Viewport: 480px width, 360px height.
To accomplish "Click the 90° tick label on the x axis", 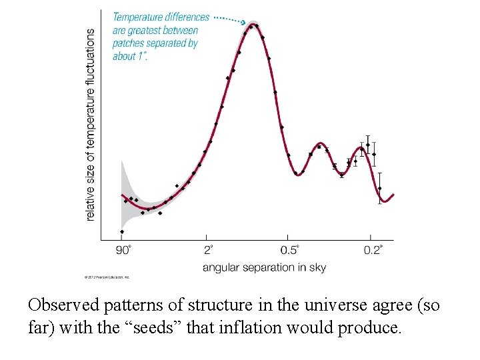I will pyautogui.click(x=124, y=251).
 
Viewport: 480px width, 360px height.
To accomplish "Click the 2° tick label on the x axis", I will pyautogui.click(x=208, y=251).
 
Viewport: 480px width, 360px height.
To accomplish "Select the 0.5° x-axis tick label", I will pyautogui.click(x=289, y=251).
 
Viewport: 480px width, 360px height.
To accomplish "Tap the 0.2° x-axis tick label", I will pyautogui.click(x=373, y=251).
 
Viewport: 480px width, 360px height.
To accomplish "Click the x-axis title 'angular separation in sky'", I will pyautogui.click(x=264, y=267).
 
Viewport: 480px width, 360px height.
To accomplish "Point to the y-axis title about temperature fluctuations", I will pyautogui.click(x=91, y=125).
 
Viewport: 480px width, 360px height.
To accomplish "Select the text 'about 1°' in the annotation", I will pyautogui.click(x=130, y=56).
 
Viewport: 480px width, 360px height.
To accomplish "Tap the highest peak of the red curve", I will pyautogui.click(x=253, y=26).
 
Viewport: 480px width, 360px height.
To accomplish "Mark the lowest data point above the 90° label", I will pyautogui.click(x=121, y=232).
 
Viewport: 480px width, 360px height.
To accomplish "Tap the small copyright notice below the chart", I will pyautogui.click(x=107, y=277).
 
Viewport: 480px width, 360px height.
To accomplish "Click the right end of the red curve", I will pyautogui.click(x=394, y=194).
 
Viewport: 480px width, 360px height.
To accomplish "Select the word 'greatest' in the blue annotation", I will pyautogui.click(x=153, y=31).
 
